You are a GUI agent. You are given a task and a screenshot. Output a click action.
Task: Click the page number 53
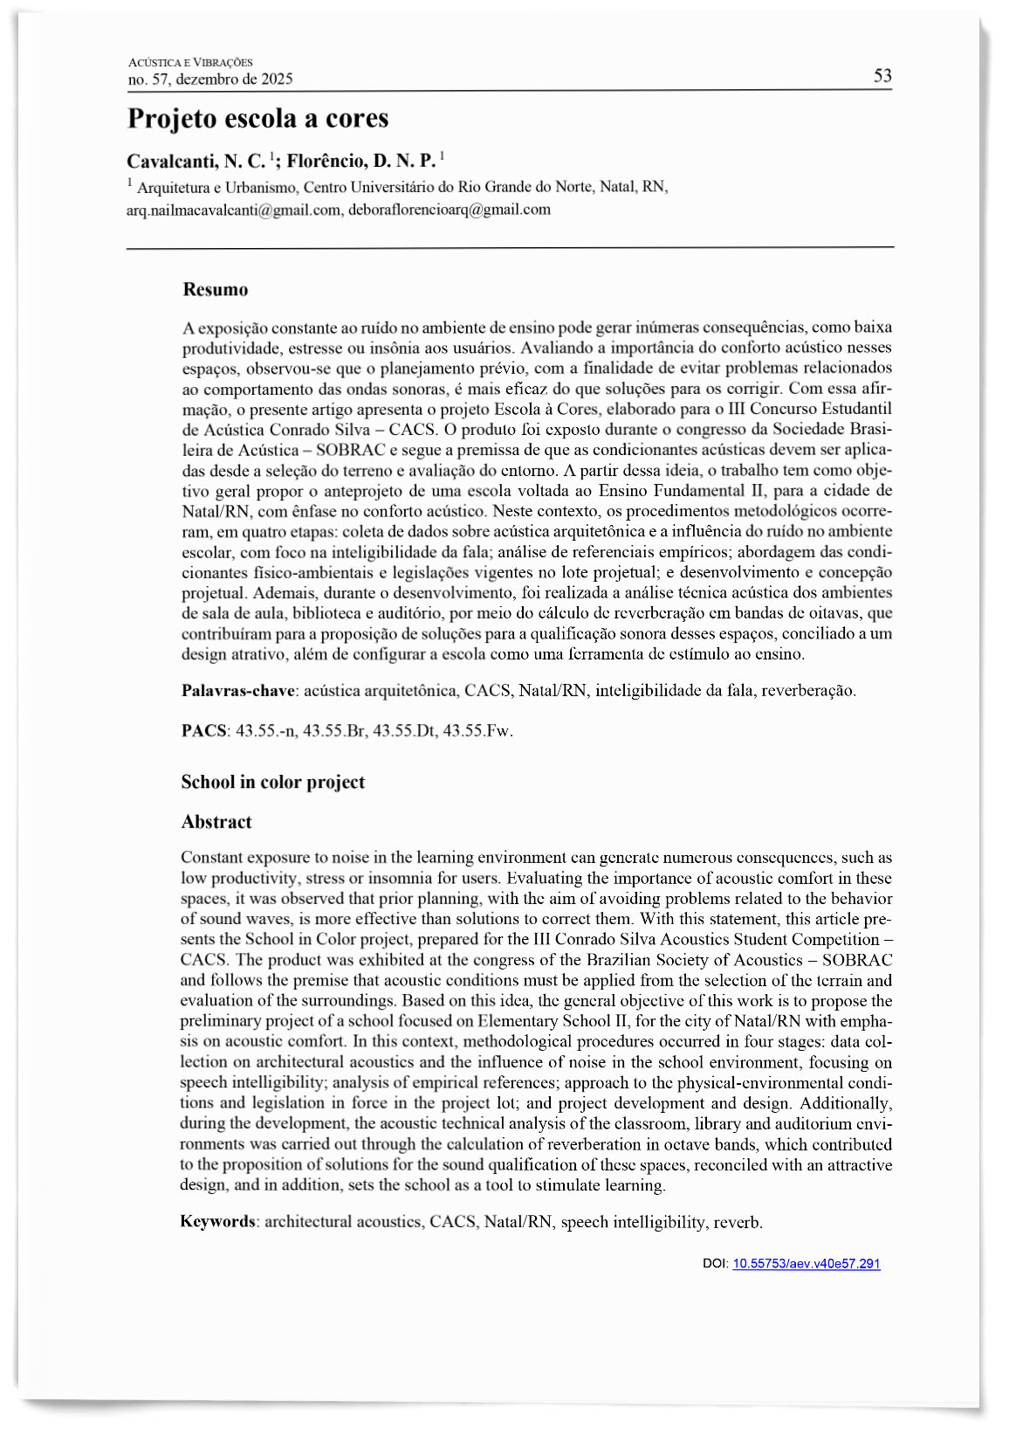[x=882, y=76]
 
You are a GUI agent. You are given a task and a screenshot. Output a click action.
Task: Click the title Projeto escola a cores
[x=257, y=119]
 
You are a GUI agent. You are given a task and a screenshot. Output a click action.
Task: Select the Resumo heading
[x=216, y=290]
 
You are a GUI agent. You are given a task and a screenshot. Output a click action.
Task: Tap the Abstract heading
[x=216, y=822]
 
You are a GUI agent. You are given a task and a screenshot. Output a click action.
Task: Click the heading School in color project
[x=273, y=782]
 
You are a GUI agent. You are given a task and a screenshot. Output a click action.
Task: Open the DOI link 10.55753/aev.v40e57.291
[x=806, y=1264]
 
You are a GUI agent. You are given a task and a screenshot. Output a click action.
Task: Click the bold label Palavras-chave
[x=237, y=691]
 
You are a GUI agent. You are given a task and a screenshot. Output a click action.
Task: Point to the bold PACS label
[x=203, y=731]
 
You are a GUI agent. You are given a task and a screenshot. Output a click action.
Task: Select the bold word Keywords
[x=217, y=1222]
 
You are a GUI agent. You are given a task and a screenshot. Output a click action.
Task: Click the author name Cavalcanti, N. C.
[x=196, y=162]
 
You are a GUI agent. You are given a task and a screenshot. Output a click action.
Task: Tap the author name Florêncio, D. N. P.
[x=360, y=162]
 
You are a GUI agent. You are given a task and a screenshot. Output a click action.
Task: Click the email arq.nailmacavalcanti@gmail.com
[x=233, y=210]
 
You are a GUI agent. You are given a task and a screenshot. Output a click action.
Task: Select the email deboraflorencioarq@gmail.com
[x=450, y=210]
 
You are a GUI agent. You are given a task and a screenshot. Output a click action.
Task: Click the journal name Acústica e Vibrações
[x=190, y=62]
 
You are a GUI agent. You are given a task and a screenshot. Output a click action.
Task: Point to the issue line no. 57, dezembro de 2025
[x=210, y=79]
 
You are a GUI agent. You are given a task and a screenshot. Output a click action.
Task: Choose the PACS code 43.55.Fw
[x=477, y=731]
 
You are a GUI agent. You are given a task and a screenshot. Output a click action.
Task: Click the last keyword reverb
[x=738, y=1222]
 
